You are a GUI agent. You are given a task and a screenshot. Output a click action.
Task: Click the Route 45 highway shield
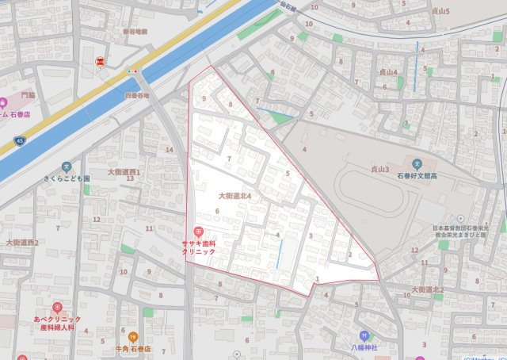point(18,141)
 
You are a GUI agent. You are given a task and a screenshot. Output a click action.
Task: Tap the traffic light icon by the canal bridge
point(132,71)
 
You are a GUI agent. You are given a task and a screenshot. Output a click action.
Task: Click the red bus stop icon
point(101,62)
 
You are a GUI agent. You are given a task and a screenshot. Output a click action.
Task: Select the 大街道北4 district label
point(234,195)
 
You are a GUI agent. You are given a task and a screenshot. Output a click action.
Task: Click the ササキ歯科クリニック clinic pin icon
point(198,230)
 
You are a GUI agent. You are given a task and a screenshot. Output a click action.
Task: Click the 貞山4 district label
point(389,71)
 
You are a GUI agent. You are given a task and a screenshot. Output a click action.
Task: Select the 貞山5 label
point(440,12)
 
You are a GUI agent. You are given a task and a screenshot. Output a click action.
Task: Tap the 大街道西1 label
point(124,171)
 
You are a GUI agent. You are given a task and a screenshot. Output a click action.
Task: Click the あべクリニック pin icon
point(57,307)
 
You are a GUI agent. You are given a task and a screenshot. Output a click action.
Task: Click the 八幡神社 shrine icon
point(364,335)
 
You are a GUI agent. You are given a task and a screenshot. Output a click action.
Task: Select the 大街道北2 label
point(428,290)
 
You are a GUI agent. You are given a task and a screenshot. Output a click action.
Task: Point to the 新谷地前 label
point(135,32)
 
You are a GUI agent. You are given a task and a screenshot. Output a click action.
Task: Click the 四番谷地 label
point(137,95)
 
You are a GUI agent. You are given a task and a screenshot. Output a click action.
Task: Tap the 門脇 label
point(29,94)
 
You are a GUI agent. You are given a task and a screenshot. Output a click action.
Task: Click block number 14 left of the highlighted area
point(169,149)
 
